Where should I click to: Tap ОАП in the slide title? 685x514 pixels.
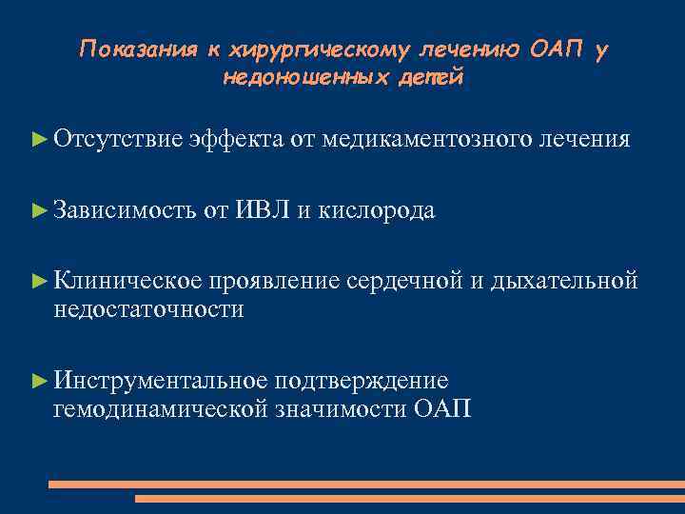pyautogui.click(x=556, y=49)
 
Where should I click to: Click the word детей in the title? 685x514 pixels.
pyautogui.click(x=434, y=77)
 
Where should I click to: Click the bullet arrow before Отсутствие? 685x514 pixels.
pyautogui.click(x=39, y=140)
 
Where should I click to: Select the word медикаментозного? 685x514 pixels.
pyautogui.click(x=426, y=140)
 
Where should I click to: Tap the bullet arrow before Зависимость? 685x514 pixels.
pyautogui.click(x=39, y=210)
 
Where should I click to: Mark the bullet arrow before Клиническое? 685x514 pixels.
pyautogui.click(x=39, y=281)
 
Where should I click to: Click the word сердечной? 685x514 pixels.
pyautogui.click(x=405, y=281)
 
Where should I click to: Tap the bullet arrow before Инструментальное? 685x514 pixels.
pyautogui.click(x=39, y=381)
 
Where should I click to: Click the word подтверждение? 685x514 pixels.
pyautogui.click(x=362, y=381)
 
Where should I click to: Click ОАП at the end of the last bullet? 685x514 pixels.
pyautogui.click(x=441, y=409)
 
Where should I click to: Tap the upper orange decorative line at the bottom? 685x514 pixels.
pyautogui.click(x=365, y=484)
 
